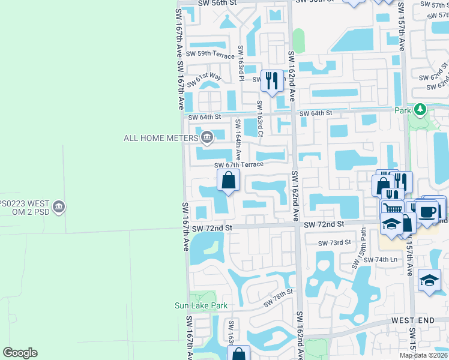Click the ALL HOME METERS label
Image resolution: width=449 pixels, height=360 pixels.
(x=160, y=138)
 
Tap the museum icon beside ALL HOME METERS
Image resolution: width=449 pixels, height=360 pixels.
(x=207, y=138)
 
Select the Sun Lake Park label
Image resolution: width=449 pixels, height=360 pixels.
(x=201, y=305)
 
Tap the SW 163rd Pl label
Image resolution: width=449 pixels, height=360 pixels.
(x=241, y=63)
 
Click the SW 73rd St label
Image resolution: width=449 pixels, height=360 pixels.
(x=335, y=242)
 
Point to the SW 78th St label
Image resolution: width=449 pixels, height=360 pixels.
(x=280, y=294)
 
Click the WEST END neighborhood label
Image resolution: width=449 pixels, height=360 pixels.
(x=413, y=321)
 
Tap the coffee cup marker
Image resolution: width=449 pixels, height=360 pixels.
(x=427, y=212)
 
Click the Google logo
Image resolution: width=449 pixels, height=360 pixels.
(x=20, y=353)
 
